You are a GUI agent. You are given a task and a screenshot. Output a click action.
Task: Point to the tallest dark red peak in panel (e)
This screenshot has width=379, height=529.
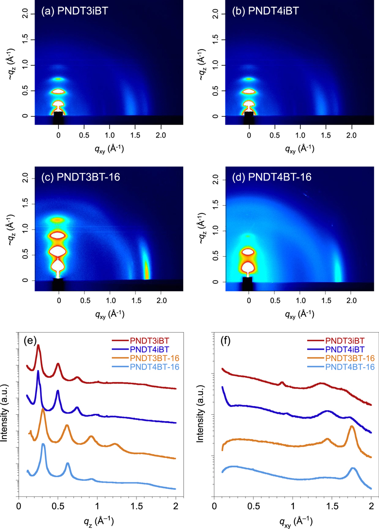38,345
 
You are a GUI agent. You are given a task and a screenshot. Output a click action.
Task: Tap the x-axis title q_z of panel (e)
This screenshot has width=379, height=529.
97,521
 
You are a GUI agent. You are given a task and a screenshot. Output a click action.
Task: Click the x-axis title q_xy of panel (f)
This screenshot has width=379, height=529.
293,521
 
